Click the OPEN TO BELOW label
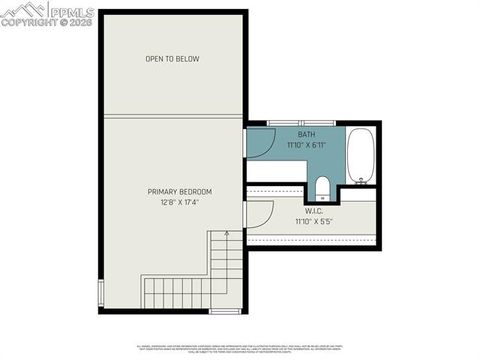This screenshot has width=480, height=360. [x=172, y=59]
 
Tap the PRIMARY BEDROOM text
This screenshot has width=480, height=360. [x=179, y=192]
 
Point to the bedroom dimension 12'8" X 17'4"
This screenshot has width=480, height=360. [x=179, y=203]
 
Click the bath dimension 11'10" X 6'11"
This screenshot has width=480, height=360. [x=306, y=146]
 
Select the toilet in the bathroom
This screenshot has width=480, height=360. [x=321, y=188]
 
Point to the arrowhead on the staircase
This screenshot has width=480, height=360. [x=227, y=235]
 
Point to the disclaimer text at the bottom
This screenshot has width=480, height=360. [x=240, y=349]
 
